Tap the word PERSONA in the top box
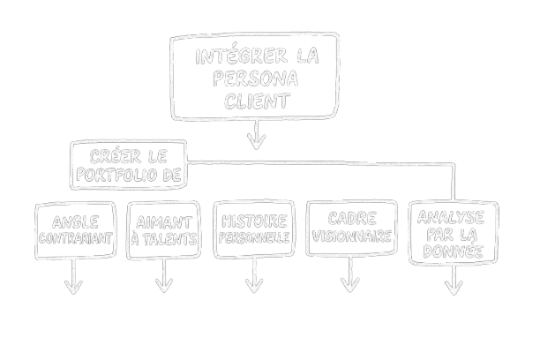tap(256, 79)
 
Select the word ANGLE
tap(76, 221)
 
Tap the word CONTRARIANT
tap(76, 238)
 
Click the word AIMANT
tap(162, 221)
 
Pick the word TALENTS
tap(171, 238)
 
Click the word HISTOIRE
tap(253, 220)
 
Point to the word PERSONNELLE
tap(253, 237)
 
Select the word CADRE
tap(350, 218)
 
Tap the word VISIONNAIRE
tap(350, 236)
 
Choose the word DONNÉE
tap(454, 251)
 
